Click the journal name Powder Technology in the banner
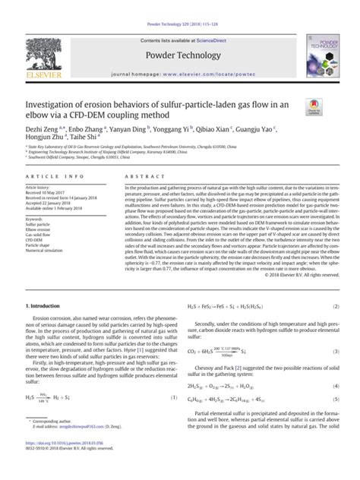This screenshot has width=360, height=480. [179, 35]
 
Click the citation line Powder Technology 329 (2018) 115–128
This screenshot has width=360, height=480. [179, 5]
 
